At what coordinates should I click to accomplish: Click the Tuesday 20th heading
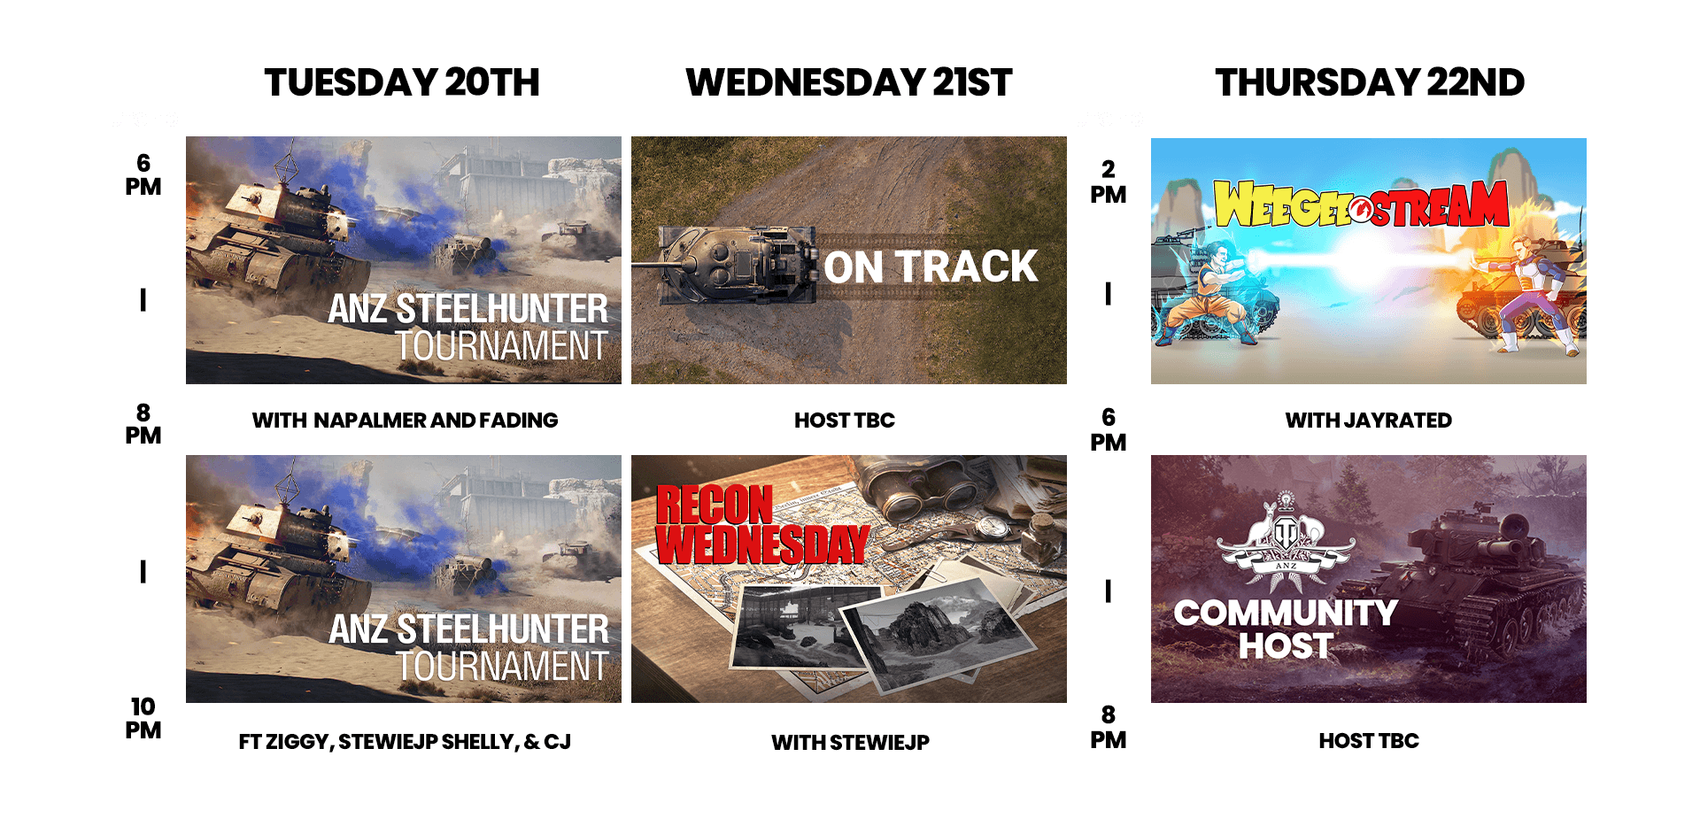(x=402, y=83)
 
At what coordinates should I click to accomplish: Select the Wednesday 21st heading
(x=848, y=83)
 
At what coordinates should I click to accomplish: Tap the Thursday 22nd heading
(x=1370, y=83)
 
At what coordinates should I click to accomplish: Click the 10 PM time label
(x=143, y=718)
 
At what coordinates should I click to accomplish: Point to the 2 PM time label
(x=1109, y=181)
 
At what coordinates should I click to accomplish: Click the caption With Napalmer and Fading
(x=405, y=421)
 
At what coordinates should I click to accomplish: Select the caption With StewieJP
(x=850, y=743)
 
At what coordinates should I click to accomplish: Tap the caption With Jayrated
(x=1369, y=421)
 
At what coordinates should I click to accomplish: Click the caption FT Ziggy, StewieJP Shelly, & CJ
(x=405, y=742)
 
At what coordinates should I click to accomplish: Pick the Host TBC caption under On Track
(x=845, y=421)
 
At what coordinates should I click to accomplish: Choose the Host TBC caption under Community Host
(x=1369, y=741)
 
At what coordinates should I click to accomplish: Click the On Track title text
(x=931, y=266)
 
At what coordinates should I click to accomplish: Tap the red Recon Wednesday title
(x=761, y=524)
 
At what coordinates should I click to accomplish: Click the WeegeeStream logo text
(x=1361, y=205)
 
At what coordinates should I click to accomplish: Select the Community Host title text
(x=1286, y=629)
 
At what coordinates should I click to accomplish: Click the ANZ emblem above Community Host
(x=1286, y=543)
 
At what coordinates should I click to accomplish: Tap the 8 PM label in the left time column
(x=143, y=424)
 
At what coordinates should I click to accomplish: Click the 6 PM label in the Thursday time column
(x=1109, y=429)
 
